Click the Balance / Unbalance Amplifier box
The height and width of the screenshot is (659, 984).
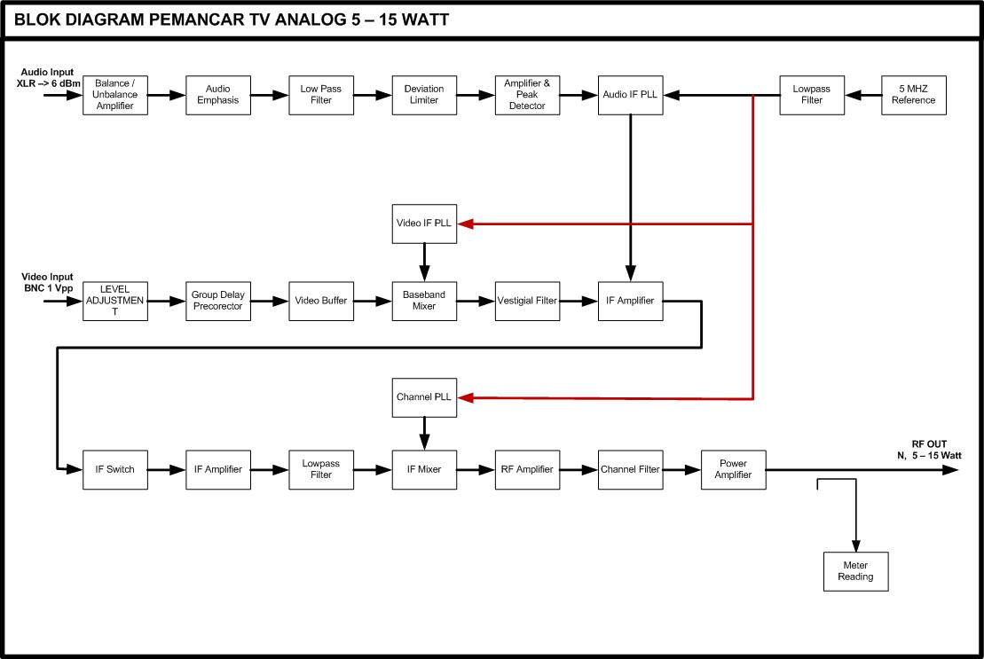(x=114, y=94)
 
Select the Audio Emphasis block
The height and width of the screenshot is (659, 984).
(x=218, y=94)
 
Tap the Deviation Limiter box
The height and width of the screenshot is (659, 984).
(x=424, y=94)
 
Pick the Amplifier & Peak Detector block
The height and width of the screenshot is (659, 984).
(x=527, y=94)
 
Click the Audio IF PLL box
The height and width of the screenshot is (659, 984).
(x=630, y=94)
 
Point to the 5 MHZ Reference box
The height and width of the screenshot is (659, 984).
(x=913, y=94)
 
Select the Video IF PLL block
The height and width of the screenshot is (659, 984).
(x=424, y=224)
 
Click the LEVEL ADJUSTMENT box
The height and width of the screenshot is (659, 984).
(x=114, y=301)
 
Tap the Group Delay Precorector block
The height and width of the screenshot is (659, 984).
(x=218, y=301)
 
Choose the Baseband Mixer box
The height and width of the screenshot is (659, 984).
(x=424, y=301)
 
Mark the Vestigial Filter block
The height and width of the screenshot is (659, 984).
(x=527, y=301)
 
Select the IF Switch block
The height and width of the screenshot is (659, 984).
(x=114, y=469)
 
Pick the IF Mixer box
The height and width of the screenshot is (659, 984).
(x=424, y=469)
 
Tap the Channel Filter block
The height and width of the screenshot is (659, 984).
(x=630, y=469)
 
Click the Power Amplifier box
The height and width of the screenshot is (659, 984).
(x=734, y=469)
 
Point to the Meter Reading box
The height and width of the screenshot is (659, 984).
(x=855, y=571)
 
